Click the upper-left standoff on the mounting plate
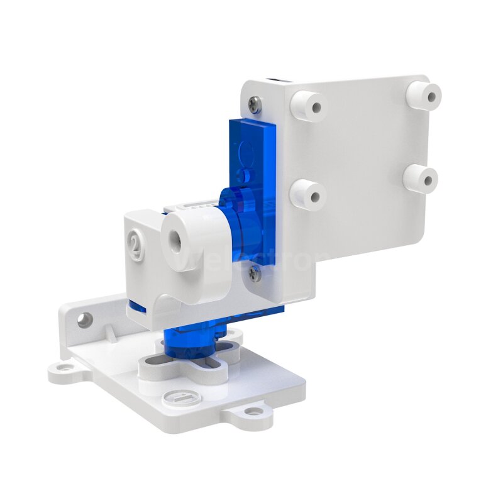click(x=309, y=105)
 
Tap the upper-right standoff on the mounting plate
click(x=424, y=94)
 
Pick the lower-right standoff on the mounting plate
click(x=421, y=179)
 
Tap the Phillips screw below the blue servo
click(x=253, y=272)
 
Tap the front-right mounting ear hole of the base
click(x=253, y=412)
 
